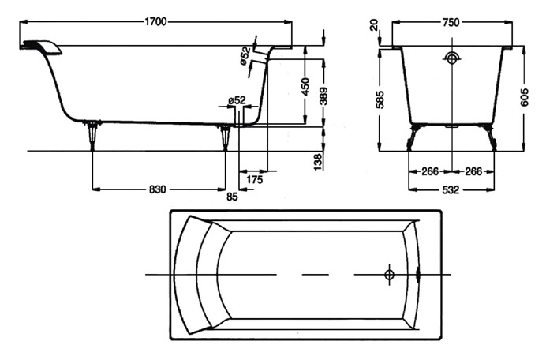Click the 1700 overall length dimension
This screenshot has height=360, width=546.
pos(155,22)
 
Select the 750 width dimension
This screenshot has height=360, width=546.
pos(451,22)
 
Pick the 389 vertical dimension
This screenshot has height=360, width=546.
pos(323,96)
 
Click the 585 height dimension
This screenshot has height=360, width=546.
pos(380,100)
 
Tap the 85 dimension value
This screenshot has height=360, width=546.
pos(231,196)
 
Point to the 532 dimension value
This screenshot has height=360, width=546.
pos(451,189)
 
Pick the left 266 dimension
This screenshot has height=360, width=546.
pos(429,171)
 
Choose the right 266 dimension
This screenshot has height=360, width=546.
pos(473,171)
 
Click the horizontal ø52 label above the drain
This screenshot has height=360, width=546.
pos(236,100)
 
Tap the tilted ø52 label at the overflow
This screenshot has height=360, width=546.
pos(245,56)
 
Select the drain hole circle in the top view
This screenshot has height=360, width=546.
pos(389,274)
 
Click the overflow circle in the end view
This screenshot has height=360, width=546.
pos(451,58)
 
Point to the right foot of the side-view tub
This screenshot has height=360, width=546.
pos(227,136)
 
